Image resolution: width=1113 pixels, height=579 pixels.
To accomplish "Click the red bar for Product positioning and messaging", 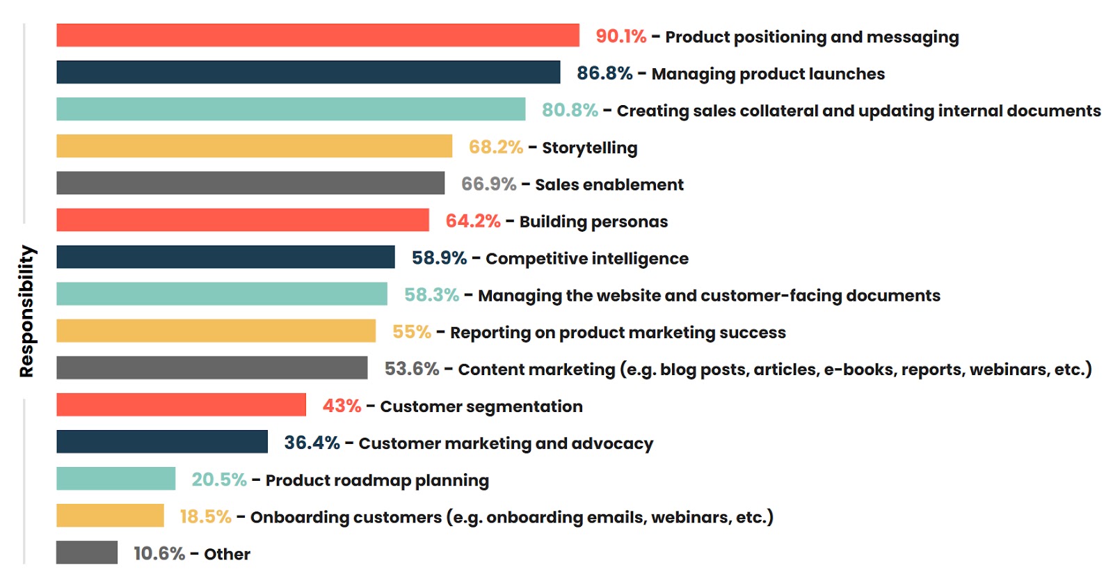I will tap(317, 35).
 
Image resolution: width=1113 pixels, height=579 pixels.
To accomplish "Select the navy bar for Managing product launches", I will tap(308, 72).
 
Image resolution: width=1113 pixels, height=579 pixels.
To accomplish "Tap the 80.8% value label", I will tap(570, 110).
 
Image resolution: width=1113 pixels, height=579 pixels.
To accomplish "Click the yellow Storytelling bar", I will tap(254, 146).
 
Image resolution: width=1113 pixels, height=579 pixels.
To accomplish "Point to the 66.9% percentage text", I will tap(488, 184).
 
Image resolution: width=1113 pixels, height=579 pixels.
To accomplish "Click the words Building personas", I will tap(593, 221).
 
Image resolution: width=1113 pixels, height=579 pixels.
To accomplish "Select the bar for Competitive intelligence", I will tap(225, 257).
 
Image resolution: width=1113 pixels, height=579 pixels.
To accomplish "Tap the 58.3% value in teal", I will tap(431, 295).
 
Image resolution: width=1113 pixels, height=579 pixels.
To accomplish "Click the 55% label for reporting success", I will tap(412, 332).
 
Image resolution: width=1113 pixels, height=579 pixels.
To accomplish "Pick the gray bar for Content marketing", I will tap(211, 367).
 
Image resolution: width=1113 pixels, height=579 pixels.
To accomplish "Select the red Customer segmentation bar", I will tap(181, 404).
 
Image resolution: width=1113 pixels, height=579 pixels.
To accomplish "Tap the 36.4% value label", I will tap(312, 443).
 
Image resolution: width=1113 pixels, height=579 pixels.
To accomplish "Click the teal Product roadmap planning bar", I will tap(115, 479).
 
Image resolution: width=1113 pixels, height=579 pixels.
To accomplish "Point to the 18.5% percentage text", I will tap(205, 516).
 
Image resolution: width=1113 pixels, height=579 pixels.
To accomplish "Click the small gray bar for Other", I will tap(87, 553).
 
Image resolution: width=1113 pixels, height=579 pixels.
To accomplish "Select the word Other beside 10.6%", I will tap(227, 554).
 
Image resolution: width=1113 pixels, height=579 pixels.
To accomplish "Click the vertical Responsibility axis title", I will tap(26, 311).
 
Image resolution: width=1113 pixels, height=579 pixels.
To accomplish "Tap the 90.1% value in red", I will tap(620, 36).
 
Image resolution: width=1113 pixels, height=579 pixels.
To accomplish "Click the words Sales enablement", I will tap(609, 184).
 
